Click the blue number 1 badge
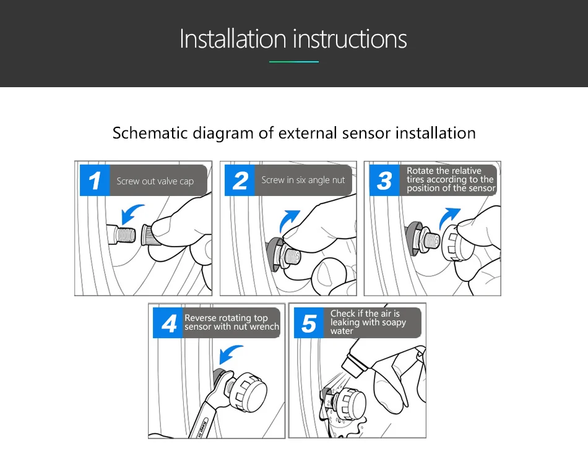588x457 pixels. coord(95,180)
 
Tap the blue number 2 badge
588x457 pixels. coord(240,180)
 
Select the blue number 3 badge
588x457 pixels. coord(384,180)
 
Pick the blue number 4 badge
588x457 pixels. coord(168,323)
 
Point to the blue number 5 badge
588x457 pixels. coord(309,323)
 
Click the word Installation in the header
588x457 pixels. coord(233,38)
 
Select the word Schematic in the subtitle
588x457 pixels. coord(150,133)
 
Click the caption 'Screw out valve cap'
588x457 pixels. coord(155,181)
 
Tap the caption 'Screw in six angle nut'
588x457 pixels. coord(303,180)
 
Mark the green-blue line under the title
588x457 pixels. coord(294,62)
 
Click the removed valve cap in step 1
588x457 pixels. coord(151,235)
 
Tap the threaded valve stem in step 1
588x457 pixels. coord(122,234)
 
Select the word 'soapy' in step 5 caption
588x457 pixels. coord(394,323)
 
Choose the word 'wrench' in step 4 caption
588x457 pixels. coord(264,327)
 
